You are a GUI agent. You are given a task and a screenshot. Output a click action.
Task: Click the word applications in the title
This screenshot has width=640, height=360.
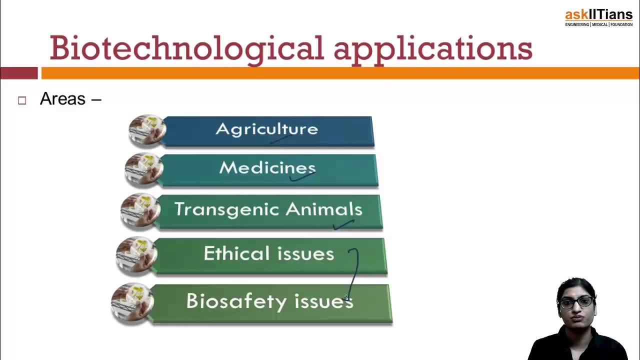point(433,49)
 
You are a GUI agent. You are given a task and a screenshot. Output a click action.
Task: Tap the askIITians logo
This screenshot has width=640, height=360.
point(598,17)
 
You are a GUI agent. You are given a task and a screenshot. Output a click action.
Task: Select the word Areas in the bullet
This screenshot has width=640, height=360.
point(63,99)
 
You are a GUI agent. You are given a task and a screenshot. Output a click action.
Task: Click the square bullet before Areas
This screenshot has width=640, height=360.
point(22,100)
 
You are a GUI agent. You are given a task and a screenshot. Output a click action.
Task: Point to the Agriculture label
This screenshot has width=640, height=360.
point(267,129)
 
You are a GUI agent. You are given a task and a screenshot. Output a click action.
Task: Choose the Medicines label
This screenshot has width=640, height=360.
point(267,167)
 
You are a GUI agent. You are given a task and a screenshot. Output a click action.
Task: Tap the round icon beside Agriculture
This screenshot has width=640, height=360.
point(147,130)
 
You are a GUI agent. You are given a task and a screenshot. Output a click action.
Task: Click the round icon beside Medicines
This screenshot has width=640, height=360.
point(144,169)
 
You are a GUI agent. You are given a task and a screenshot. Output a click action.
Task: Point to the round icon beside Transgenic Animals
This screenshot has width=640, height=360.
point(140,210)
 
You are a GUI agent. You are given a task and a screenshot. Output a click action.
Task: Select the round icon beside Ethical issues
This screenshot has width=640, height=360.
point(136,255)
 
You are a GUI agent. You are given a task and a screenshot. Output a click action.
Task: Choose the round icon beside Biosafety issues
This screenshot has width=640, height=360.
point(132,302)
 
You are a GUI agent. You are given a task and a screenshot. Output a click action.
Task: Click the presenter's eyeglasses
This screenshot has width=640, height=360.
point(576,302)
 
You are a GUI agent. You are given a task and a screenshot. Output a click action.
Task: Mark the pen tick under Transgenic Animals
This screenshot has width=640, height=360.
point(343,224)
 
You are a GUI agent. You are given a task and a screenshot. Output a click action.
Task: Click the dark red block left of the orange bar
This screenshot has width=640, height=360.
point(19,73)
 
